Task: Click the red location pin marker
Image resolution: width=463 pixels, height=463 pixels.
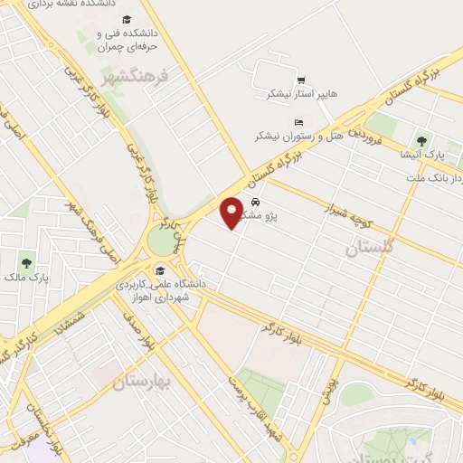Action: (232, 211)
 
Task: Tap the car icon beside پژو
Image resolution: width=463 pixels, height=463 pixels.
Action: (256, 202)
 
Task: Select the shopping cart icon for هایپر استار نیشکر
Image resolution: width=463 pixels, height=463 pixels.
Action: (300, 79)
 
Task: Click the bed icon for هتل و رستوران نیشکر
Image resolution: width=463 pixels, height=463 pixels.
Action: (298, 123)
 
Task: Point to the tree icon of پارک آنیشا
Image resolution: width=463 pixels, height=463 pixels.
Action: (420, 140)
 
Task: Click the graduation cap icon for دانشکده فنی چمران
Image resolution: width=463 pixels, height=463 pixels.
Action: (126, 20)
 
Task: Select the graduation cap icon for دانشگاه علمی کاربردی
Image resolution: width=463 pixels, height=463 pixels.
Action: (161, 269)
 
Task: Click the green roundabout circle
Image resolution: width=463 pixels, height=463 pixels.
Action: (161, 241)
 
